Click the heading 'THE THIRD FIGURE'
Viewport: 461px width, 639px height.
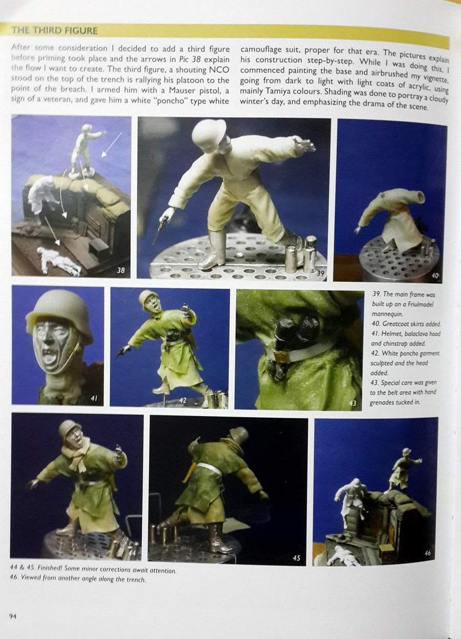pyautogui.click(x=54, y=31)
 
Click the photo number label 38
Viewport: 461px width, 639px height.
pyautogui.click(x=121, y=270)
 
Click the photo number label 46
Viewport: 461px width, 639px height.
pyautogui.click(x=427, y=553)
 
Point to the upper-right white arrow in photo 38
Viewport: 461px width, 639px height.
pyautogui.click(x=112, y=145)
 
